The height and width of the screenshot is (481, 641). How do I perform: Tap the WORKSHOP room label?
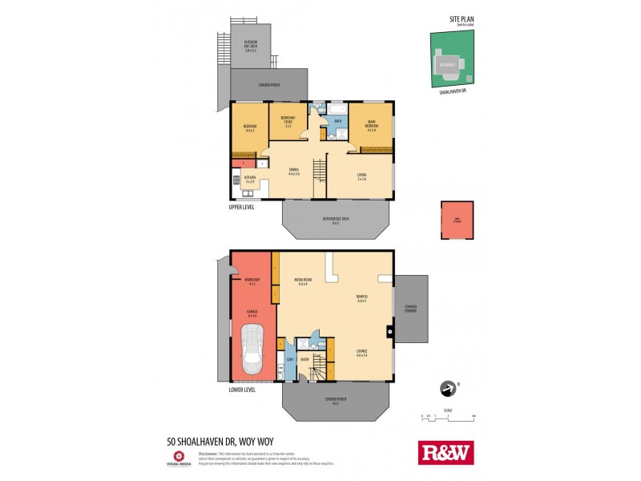tap(252, 281)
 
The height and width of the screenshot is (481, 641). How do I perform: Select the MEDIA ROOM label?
tap(304, 281)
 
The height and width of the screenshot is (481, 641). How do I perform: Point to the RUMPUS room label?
tap(361, 299)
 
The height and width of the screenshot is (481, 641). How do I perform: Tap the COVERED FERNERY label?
tap(410, 308)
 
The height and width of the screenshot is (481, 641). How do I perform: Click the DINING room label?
tap(293, 172)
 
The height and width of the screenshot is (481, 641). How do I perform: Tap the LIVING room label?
tap(361, 176)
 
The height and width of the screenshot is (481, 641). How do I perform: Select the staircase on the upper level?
tap(319, 170)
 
